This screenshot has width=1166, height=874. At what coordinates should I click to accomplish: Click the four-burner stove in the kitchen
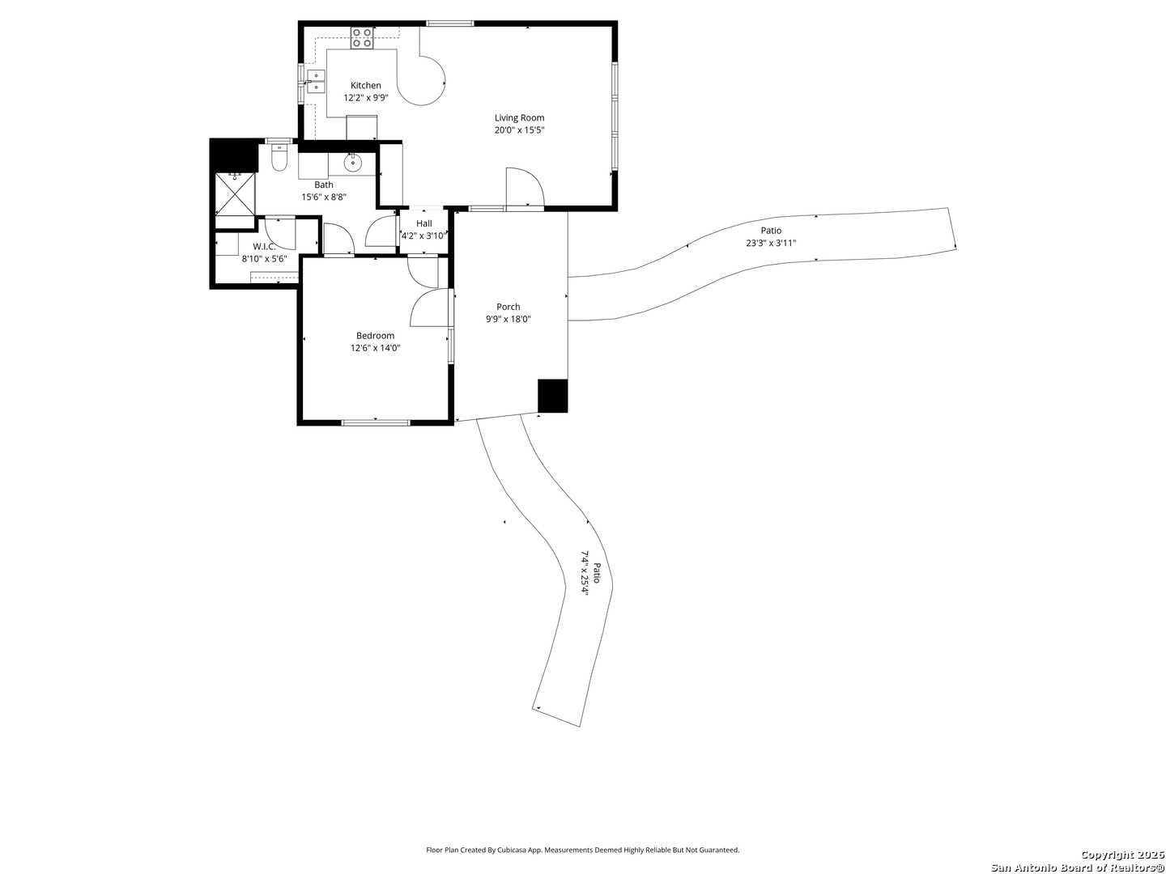[x=361, y=38]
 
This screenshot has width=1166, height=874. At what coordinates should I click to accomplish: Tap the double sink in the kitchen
[x=316, y=81]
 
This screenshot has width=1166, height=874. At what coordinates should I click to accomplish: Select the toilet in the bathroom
[x=279, y=158]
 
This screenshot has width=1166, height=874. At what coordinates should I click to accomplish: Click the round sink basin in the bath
[x=352, y=163]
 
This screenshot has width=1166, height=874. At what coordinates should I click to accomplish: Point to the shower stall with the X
[x=235, y=193]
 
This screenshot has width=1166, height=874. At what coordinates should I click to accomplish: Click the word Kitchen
[x=365, y=86]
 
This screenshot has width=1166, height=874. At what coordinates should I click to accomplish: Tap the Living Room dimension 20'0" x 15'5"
[x=520, y=130]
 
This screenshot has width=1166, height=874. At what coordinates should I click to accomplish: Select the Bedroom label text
[x=375, y=335]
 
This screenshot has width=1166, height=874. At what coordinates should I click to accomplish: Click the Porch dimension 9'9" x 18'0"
[x=509, y=319]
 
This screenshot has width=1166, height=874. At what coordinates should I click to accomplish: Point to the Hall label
[x=424, y=223]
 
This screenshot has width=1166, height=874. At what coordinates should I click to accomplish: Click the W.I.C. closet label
[x=264, y=246]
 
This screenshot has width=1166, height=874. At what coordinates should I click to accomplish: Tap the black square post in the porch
[x=552, y=396]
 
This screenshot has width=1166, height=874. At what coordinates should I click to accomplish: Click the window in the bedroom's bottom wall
[x=375, y=422]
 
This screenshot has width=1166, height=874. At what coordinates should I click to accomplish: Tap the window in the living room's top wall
[x=449, y=23]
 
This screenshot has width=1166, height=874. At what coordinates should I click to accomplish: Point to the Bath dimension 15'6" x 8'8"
[x=324, y=197]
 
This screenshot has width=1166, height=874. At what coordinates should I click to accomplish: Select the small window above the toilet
[x=279, y=141]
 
